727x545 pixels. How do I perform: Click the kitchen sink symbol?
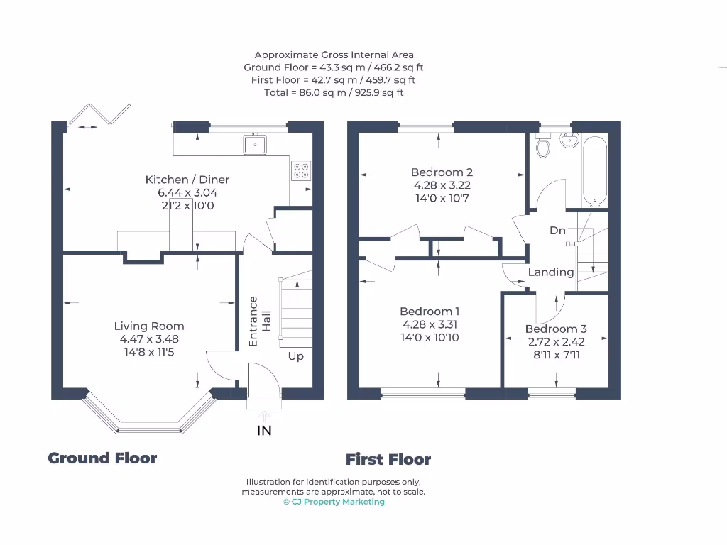pos(254,145)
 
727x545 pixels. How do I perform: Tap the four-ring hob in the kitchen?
pos(301,170)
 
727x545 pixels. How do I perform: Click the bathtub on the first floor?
pos(594,170)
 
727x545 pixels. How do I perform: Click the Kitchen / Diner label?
pos(187,180)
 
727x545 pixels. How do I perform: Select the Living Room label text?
pos(149,326)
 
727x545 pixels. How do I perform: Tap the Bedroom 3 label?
pos(556,329)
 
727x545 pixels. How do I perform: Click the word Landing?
pos(551,272)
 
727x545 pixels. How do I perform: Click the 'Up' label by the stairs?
pos(296,356)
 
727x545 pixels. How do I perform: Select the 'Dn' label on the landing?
pos(557,231)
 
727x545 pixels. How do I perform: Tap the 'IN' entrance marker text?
pos(264,431)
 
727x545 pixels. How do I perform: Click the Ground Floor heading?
pos(102,458)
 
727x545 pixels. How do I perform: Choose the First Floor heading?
pos(388,460)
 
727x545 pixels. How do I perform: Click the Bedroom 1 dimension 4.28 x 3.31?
pos(430,324)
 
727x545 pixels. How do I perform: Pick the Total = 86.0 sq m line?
pos(334,93)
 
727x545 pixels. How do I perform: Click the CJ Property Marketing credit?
pos(334,502)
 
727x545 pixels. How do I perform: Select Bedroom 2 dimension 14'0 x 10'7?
pos(442,198)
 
